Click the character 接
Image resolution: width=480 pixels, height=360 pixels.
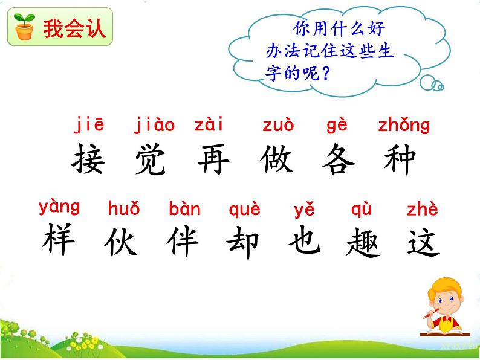89,159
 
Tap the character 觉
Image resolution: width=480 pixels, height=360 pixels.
152,159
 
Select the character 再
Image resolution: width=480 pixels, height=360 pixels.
213,159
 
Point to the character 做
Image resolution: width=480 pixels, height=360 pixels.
279,159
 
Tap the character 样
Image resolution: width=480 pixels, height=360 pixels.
59,241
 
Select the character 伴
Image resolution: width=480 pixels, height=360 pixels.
183,242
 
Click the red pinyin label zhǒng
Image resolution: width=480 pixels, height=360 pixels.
403,126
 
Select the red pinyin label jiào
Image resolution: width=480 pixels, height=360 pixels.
154,126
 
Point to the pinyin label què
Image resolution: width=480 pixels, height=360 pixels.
245,210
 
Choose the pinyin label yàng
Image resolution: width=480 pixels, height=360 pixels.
59,207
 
